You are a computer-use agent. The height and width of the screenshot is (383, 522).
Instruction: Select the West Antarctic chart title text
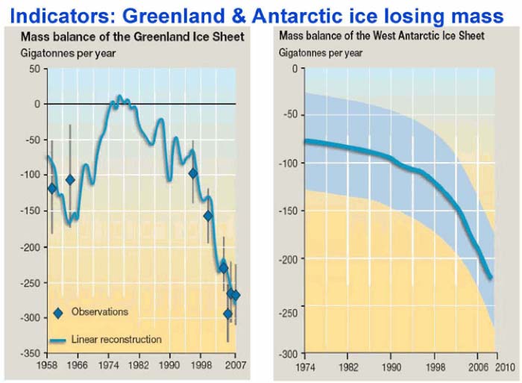click(381, 37)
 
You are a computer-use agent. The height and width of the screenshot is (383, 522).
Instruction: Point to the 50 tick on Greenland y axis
click(34, 69)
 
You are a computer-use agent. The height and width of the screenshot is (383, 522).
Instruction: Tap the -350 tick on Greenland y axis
click(30, 352)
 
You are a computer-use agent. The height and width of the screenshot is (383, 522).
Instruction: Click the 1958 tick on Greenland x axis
click(48, 367)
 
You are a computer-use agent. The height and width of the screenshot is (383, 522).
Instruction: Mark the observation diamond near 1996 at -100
click(193, 173)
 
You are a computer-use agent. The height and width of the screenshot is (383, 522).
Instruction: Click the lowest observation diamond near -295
click(228, 314)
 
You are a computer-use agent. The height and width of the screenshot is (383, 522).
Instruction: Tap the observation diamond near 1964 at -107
click(71, 179)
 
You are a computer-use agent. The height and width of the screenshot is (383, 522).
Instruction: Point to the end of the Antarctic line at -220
click(491, 278)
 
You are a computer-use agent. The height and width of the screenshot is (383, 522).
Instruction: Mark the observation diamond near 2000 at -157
click(208, 216)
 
